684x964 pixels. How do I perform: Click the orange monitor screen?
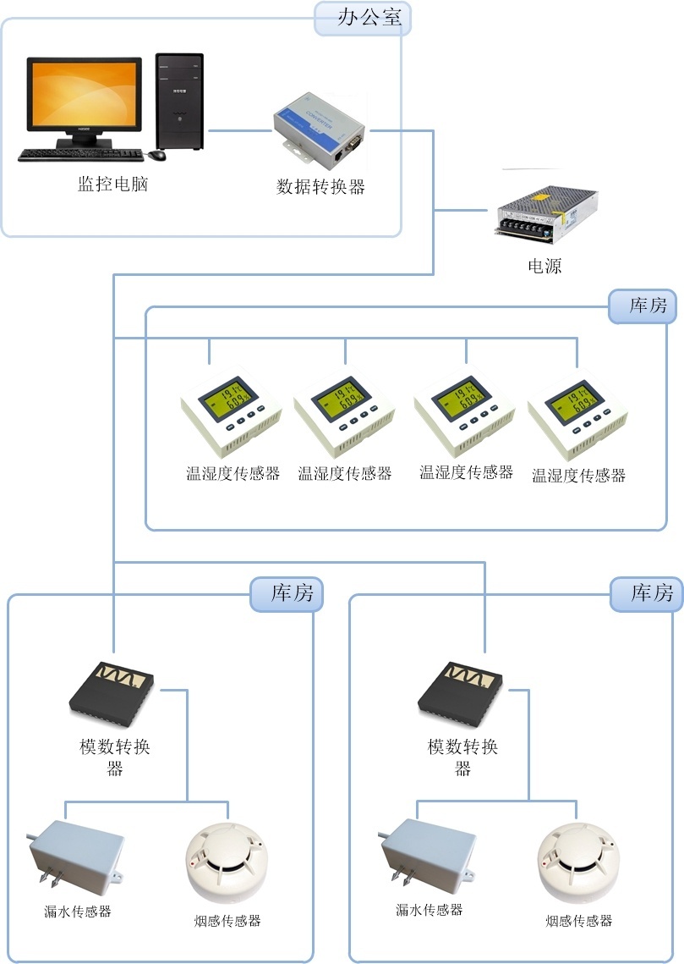tap(84, 94)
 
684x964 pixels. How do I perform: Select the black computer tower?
tap(179, 102)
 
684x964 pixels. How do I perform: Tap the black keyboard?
tap(80, 156)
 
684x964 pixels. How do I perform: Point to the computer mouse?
tap(157, 155)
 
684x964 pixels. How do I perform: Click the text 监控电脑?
tap(112, 184)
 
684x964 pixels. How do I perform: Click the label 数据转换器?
tap(321, 187)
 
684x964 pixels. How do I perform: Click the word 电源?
tap(544, 266)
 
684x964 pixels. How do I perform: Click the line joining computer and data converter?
tap(238, 130)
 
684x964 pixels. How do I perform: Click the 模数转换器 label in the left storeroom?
tap(115, 757)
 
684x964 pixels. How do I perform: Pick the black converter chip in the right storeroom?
tap(460, 692)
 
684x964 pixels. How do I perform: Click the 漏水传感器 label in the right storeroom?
tap(430, 910)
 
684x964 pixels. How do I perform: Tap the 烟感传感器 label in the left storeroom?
tap(227, 921)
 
